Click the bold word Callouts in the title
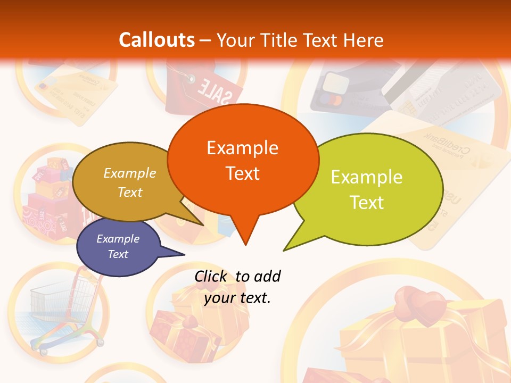coord(156,40)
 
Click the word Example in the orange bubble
coord(242,148)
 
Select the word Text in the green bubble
coord(367,203)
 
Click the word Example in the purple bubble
coord(118,239)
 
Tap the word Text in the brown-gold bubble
coord(130,193)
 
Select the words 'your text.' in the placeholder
coord(237,298)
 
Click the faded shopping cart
coord(59,309)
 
